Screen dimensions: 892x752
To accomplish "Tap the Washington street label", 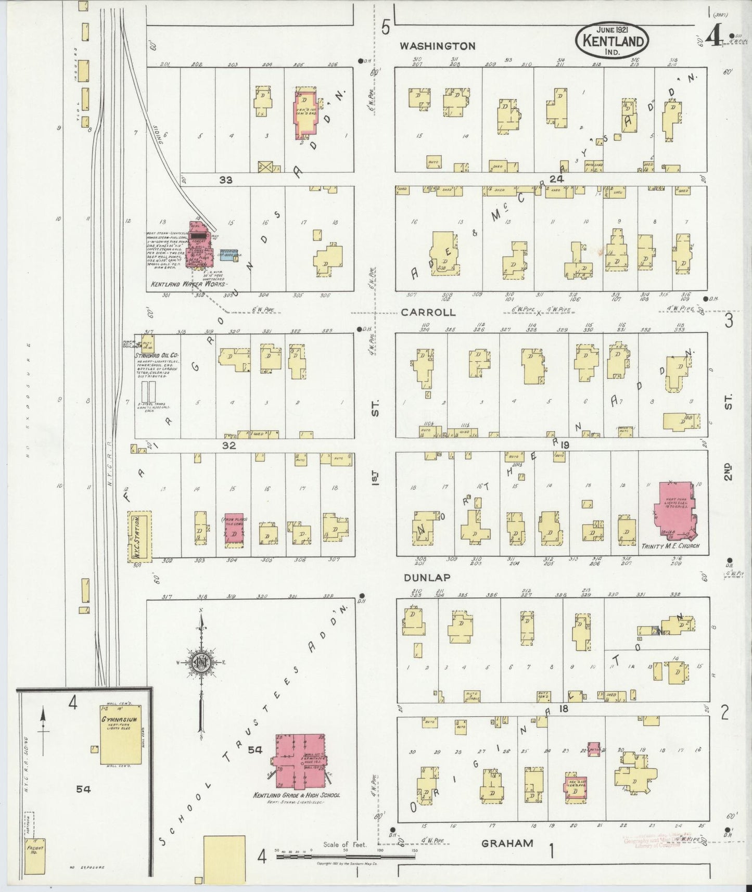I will [437, 46].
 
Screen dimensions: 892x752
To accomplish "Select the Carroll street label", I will [428, 313].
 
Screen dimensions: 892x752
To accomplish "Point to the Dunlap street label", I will [426, 577].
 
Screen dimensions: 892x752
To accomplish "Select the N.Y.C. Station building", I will [139, 536].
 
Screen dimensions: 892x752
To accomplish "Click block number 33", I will [225, 180].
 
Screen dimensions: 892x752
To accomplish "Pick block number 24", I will [556, 179].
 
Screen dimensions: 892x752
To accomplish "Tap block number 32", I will [229, 445].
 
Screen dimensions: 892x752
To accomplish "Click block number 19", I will [565, 445].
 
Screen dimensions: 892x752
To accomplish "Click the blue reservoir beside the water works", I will [228, 254].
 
